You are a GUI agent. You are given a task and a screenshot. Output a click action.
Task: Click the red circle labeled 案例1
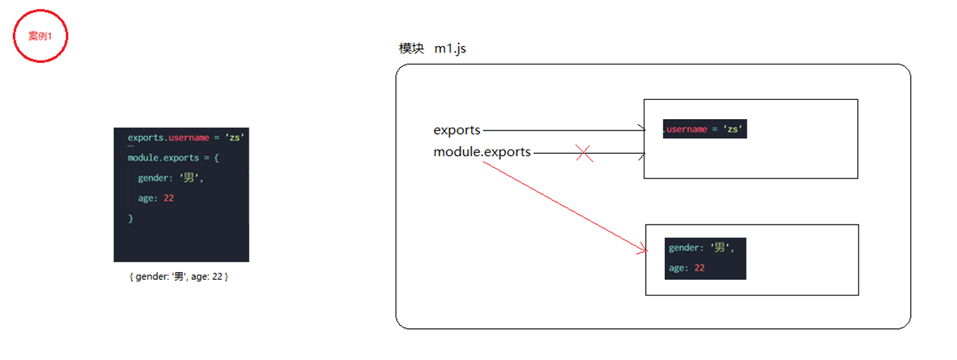point(40,36)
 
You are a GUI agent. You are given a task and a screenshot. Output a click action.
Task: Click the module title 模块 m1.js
point(432,49)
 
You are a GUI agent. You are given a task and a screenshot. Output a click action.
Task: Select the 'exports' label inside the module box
point(457,130)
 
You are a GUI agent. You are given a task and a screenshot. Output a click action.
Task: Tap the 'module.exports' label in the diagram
point(482,152)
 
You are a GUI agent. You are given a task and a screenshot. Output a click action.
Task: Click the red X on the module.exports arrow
point(584,153)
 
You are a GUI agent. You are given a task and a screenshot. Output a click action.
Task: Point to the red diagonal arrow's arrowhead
point(644,250)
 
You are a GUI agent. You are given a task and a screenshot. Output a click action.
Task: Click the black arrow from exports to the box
point(564,130)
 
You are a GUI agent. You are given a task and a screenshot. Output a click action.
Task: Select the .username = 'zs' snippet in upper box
point(705,129)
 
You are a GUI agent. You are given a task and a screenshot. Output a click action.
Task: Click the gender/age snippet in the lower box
point(705,258)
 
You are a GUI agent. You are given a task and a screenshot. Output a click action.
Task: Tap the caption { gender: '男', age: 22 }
point(179,277)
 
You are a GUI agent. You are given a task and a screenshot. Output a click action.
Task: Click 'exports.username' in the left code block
point(168,137)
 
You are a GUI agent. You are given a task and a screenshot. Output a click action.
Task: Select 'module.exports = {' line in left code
point(173,157)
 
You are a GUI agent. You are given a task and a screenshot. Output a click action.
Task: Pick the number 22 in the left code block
point(169,198)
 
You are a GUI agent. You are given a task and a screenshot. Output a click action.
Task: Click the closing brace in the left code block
point(130,218)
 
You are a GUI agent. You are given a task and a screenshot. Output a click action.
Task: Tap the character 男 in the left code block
point(189,178)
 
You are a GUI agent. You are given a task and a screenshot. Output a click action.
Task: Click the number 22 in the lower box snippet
point(699,268)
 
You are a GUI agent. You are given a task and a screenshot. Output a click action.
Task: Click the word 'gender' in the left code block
point(152,178)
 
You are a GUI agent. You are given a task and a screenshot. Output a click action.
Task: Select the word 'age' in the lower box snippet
point(677,268)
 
